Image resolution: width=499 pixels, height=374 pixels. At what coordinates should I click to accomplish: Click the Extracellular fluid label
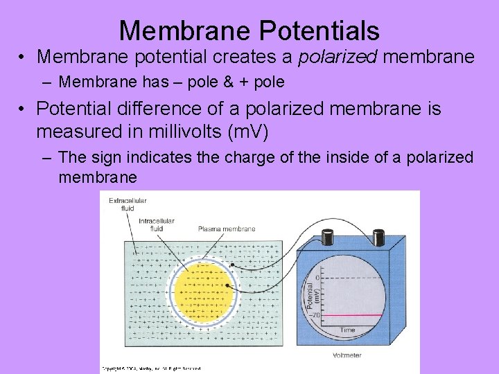click(x=127, y=204)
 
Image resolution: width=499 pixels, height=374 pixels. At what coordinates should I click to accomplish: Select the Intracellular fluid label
click(x=157, y=224)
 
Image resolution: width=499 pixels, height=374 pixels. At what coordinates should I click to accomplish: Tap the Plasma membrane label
click(x=226, y=229)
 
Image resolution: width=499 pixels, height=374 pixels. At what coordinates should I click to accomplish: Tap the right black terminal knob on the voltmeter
click(x=380, y=238)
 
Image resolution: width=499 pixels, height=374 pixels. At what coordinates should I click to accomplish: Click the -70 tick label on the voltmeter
click(x=315, y=315)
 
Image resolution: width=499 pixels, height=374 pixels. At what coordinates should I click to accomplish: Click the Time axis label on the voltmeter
click(x=349, y=330)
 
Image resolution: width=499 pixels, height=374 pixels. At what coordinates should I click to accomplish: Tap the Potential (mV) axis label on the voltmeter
click(x=310, y=294)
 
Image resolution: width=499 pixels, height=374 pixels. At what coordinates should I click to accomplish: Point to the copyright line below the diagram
click(x=152, y=367)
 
